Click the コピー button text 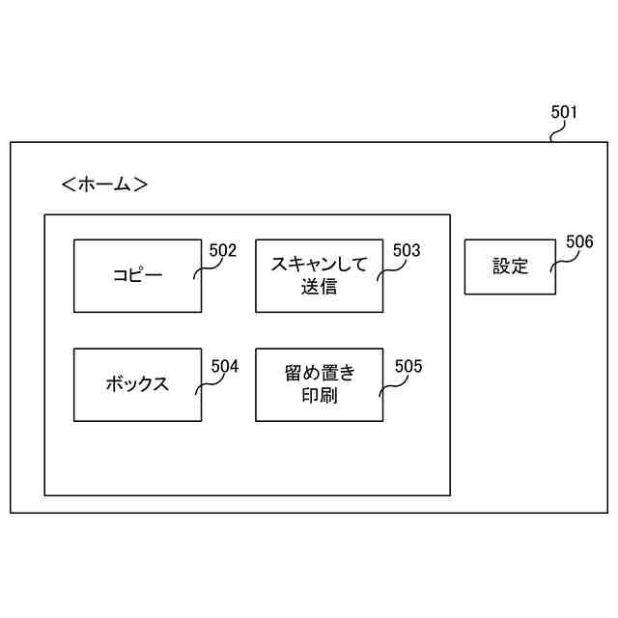coord(137,275)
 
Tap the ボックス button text coord(137,384)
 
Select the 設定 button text coord(510,267)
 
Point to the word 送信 coord(319,287)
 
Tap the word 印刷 coord(319,396)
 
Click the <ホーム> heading coord(104,183)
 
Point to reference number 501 coord(564,112)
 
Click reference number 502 coord(223,251)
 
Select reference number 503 coord(407,251)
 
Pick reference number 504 coord(224,366)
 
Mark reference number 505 coord(408,366)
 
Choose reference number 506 coord(579,242)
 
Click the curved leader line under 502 coord(203,269)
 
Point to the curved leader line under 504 coord(204,383)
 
